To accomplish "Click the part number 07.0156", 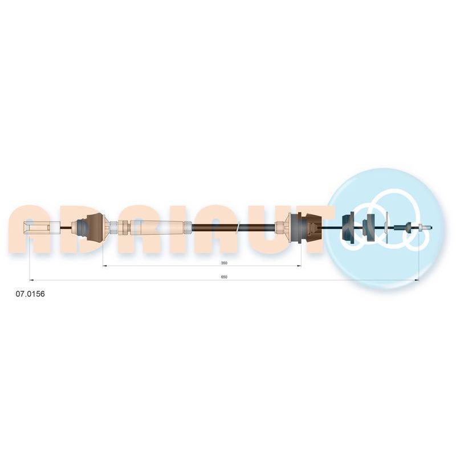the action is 30,294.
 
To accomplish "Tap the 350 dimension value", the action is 224,263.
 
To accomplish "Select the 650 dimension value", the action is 224,277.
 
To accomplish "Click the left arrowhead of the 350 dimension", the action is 105,266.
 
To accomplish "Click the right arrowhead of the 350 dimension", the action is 299,266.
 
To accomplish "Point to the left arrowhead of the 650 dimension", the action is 32,280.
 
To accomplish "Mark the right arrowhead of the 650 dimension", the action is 417,280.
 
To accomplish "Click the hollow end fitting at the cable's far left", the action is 41,227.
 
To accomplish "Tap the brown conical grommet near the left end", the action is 95,227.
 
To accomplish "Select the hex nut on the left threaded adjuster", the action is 124,227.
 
